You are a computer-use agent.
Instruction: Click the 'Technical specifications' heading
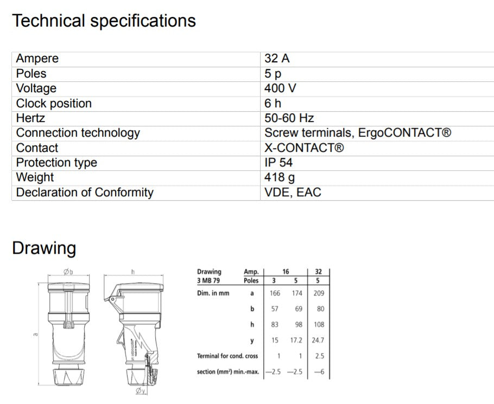tap(104, 21)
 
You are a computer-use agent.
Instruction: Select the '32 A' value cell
tap(277, 59)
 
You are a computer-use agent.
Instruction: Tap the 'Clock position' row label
tap(54, 104)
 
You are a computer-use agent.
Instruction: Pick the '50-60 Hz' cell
tap(289, 118)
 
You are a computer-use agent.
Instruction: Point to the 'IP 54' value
tap(278, 163)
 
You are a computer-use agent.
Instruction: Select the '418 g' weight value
tap(280, 177)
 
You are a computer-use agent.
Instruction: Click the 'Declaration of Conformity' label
tap(85, 193)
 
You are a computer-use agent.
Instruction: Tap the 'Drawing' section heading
tap(44, 248)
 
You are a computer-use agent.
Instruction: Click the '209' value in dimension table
tap(319, 293)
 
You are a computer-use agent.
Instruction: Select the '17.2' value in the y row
tap(296, 340)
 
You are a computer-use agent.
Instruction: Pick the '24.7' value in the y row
tap(319, 340)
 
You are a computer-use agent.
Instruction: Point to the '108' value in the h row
tap(319, 324)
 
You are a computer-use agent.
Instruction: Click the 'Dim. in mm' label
tap(213, 293)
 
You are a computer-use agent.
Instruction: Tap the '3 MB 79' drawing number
tap(209, 281)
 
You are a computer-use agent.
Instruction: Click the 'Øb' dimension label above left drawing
tap(68, 272)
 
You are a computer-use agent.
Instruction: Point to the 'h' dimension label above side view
tap(133, 272)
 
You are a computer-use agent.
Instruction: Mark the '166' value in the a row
tap(275, 293)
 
